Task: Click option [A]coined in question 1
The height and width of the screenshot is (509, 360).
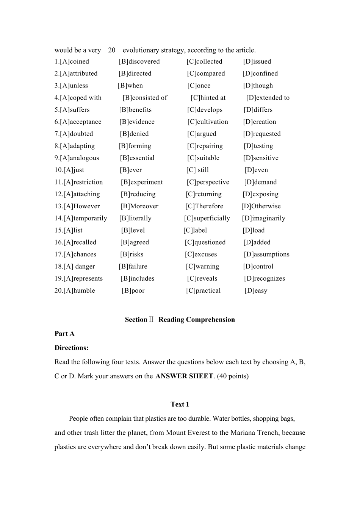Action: pyautogui.click(x=74, y=61)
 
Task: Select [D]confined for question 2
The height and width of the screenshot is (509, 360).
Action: pyautogui.click(x=260, y=73)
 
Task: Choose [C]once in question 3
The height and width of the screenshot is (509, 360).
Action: pyautogui.click(x=199, y=86)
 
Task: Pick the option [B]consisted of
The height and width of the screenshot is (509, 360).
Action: pyautogui.click(x=145, y=98)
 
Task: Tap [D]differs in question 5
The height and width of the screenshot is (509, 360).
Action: pyautogui.click(x=258, y=110)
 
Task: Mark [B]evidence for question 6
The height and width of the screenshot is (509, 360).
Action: pyautogui.click(x=137, y=122)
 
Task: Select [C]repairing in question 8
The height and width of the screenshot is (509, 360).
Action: pyautogui.click(x=205, y=146)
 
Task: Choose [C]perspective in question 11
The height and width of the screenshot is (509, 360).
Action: pyautogui.click(x=208, y=182)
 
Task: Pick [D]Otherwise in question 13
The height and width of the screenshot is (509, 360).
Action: pyautogui.click(x=261, y=206)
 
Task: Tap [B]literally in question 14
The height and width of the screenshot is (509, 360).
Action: pyautogui.click(x=135, y=218)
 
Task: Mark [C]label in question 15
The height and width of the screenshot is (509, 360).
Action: pyautogui.click(x=195, y=230)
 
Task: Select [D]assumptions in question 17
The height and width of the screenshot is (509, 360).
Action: pyautogui.click(x=266, y=254)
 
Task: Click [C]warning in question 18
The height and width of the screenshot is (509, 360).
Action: pyautogui.click(x=202, y=267)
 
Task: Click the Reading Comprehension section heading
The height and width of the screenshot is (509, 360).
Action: pyautogui.click(x=180, y=320)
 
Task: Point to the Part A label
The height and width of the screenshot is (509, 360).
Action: pyautogui.click(x=64, y=334)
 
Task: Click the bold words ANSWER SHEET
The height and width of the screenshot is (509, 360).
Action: pyautogui.click(x=184, y=376)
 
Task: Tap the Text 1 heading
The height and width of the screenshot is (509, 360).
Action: pyautogui.click(x=180, y=404)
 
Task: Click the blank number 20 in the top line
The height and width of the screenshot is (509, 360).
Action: pyautogui.click(x=112, y=50)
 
